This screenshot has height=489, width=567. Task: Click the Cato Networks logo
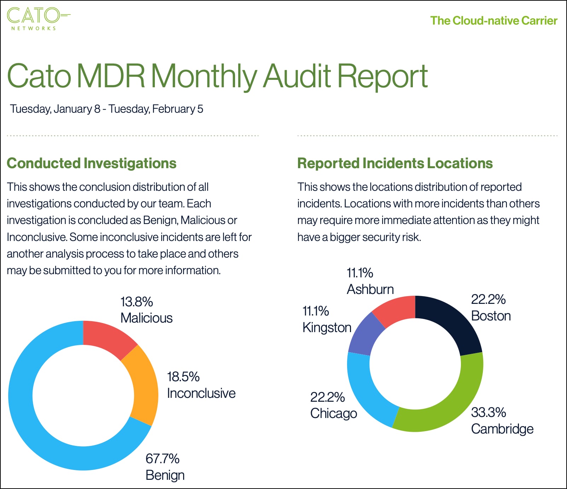click(38, 18)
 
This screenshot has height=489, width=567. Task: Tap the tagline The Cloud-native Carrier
click(493, 20)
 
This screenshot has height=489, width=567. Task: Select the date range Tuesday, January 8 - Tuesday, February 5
click(106, 109)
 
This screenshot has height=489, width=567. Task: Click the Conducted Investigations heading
click(92, 163)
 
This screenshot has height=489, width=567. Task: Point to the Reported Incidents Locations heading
click(395, 163)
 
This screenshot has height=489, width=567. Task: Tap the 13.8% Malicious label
click(146, 310)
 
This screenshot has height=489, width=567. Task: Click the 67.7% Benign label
click(165, 467)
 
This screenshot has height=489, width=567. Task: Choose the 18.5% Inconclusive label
click(201, 385)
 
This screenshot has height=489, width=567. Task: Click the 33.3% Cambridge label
click(502, 420)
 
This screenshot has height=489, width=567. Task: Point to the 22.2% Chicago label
click(333, 405)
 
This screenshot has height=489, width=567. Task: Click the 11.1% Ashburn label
click(370, 281)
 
